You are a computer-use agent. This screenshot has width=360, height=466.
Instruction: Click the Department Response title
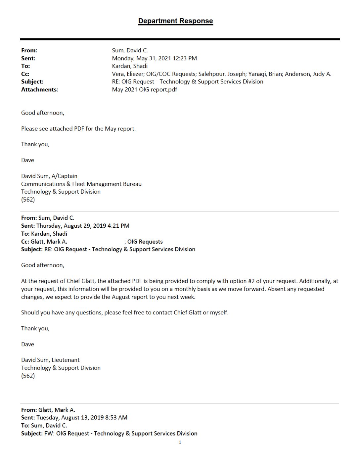(x=175, y=21)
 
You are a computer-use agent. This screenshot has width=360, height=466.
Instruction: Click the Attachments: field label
(x=39, y=89)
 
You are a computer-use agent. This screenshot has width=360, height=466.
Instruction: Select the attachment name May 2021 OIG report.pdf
(x=144, y=89)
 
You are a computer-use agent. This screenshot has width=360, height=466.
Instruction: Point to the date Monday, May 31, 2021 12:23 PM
(x=154, y=58)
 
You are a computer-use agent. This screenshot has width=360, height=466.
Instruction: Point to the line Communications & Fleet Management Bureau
(x=81, y=184)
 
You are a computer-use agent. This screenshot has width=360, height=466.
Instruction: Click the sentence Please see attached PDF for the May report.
(x=78, y=128)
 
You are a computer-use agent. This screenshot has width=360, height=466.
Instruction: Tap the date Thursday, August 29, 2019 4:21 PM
(x=83, y=226)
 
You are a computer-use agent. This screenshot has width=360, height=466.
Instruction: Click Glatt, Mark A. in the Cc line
(x=49, y=242)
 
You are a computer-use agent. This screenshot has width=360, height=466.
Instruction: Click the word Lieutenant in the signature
(x=66, y=360)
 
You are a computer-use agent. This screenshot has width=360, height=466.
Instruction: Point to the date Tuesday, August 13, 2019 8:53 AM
(x=82, y=417)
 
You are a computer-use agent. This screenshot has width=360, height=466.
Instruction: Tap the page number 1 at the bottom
(x=180, y=443)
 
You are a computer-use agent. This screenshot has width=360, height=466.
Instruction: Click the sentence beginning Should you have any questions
(x=125, y=312)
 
